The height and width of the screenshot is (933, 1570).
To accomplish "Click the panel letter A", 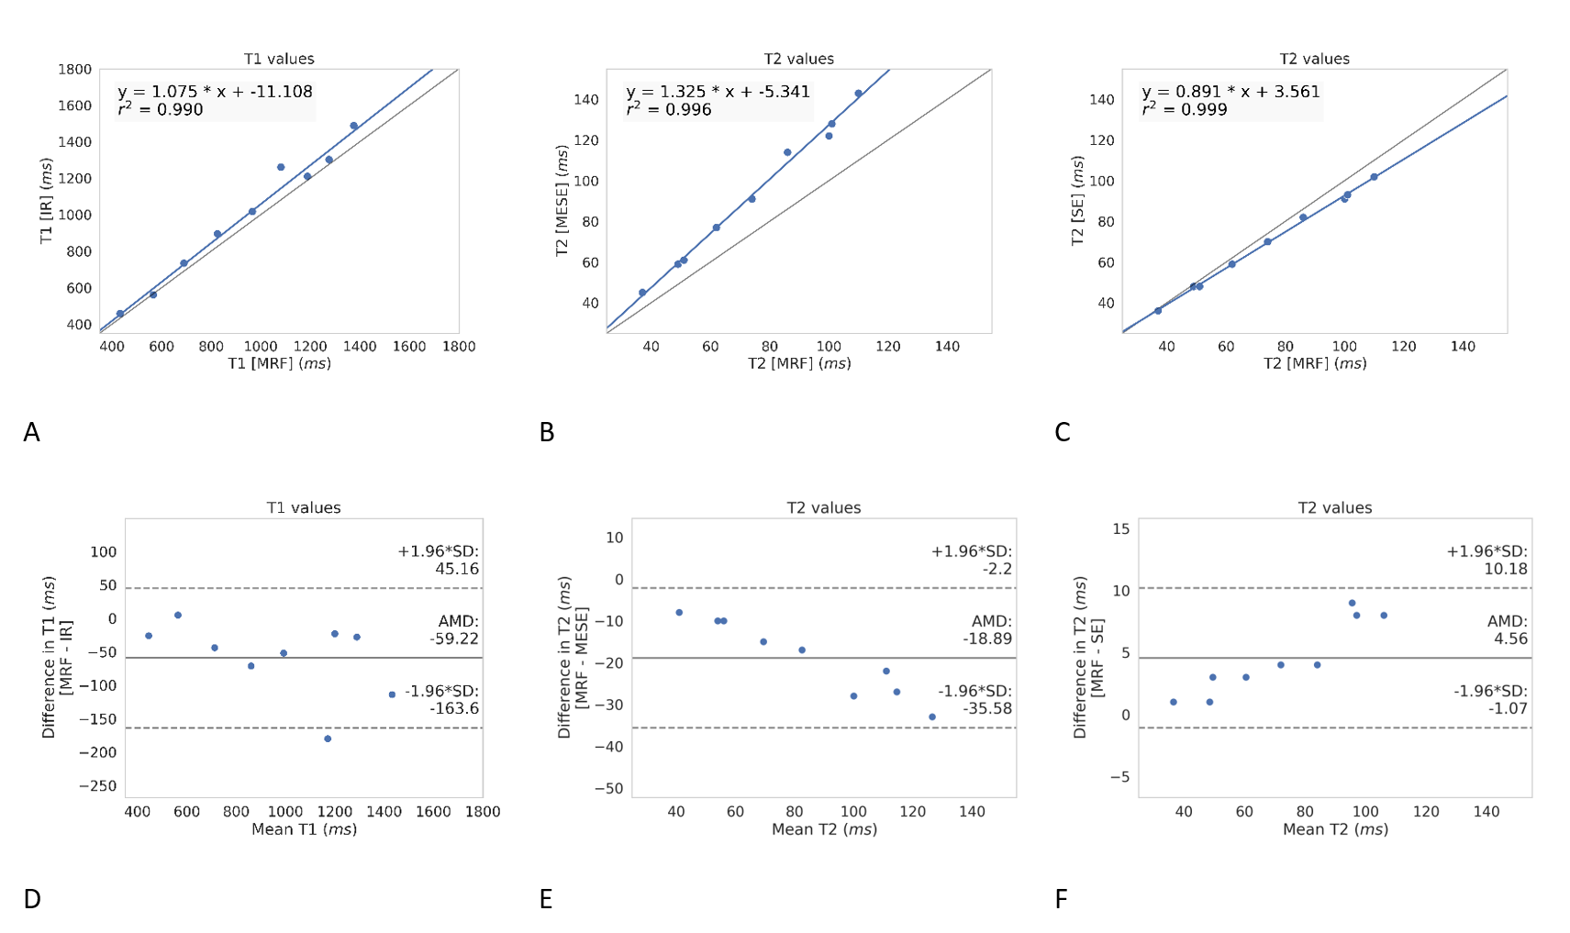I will (x=31, y=432).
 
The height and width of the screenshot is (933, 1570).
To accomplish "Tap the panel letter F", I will (x=1061, y=899).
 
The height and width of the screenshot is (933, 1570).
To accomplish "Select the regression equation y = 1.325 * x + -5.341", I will (x=718, y=92).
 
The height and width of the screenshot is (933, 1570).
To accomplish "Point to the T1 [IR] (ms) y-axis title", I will (x=46, y=201).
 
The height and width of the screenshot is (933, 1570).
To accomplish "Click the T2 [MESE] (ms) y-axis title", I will (x=562, y=201).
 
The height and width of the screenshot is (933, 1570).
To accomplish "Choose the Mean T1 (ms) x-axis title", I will (x=304, y=829).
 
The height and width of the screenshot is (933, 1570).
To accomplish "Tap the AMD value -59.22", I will (x=454, y=639).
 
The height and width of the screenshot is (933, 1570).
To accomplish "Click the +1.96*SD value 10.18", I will (x=1505, y=569).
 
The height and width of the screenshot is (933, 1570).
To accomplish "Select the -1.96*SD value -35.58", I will (x=987, y=708).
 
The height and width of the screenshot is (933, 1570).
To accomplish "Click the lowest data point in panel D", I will (x=328, y=739).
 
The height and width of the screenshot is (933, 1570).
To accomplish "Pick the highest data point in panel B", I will (x=858, y=94).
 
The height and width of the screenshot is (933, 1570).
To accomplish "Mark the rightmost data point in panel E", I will (x=932, y=717).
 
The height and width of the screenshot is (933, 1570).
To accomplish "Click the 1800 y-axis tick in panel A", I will (x=74, y=69).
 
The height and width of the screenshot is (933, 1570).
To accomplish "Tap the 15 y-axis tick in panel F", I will (x=1120, y=528).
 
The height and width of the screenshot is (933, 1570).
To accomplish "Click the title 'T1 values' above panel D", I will (x=304, y=507).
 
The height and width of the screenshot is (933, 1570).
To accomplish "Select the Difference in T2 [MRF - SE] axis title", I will (x=1087, y=657).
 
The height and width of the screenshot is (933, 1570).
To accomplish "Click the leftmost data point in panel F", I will (x=1174, y=702).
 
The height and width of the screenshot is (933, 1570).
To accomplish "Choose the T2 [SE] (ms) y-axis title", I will (x=1077, y=201).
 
